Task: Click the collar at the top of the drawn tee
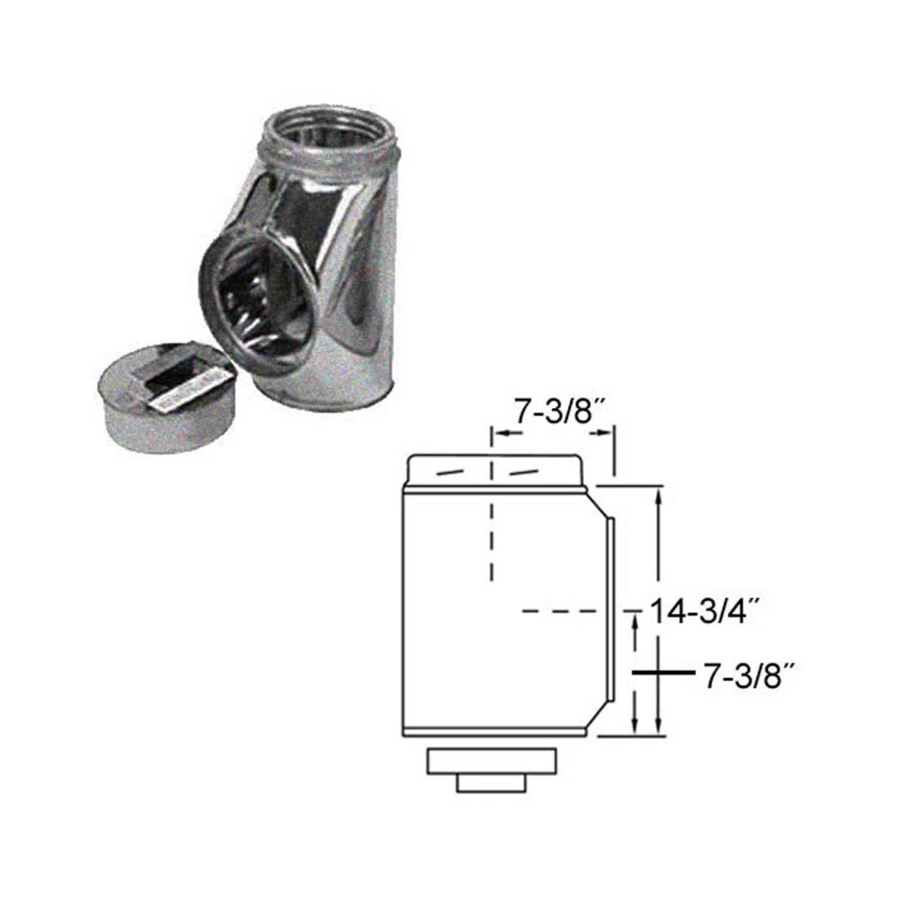[x=496, y=471]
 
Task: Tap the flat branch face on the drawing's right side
[x=607, y=608]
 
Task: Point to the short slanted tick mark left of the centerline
[x=452, y=472]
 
